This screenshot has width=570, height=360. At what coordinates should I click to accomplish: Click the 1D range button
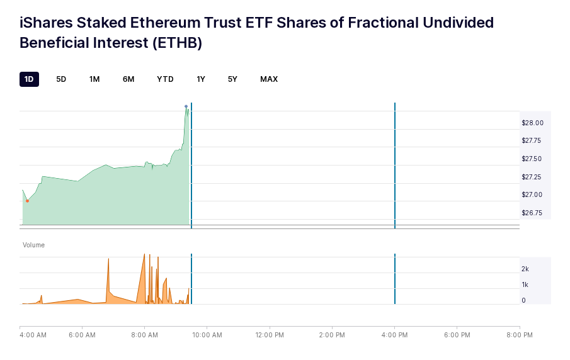29,79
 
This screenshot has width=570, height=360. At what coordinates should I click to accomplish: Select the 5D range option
61,79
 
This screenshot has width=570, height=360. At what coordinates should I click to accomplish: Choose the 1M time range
94,79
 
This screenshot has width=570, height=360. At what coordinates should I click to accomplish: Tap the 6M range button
128,79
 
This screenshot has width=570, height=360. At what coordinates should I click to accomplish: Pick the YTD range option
165,79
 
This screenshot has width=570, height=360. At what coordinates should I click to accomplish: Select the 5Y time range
232,79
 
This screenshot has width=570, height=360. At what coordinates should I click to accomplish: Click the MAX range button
269,79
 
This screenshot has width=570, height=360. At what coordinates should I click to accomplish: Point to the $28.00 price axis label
532,123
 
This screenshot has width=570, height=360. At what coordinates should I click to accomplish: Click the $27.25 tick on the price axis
532,177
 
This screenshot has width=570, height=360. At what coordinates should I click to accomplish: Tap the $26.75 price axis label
532,213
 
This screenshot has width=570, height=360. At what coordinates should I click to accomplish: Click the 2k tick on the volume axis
525,269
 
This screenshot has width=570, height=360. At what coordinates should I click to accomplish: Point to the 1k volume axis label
525,284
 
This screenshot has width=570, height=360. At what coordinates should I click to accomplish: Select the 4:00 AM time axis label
33,335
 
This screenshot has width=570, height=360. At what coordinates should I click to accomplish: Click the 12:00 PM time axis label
270,335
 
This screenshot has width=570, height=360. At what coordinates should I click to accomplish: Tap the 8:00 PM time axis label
520,335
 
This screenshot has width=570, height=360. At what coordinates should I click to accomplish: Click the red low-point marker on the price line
27,201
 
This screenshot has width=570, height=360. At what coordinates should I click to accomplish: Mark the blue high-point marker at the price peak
186,106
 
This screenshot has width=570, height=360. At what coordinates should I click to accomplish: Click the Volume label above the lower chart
33,245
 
